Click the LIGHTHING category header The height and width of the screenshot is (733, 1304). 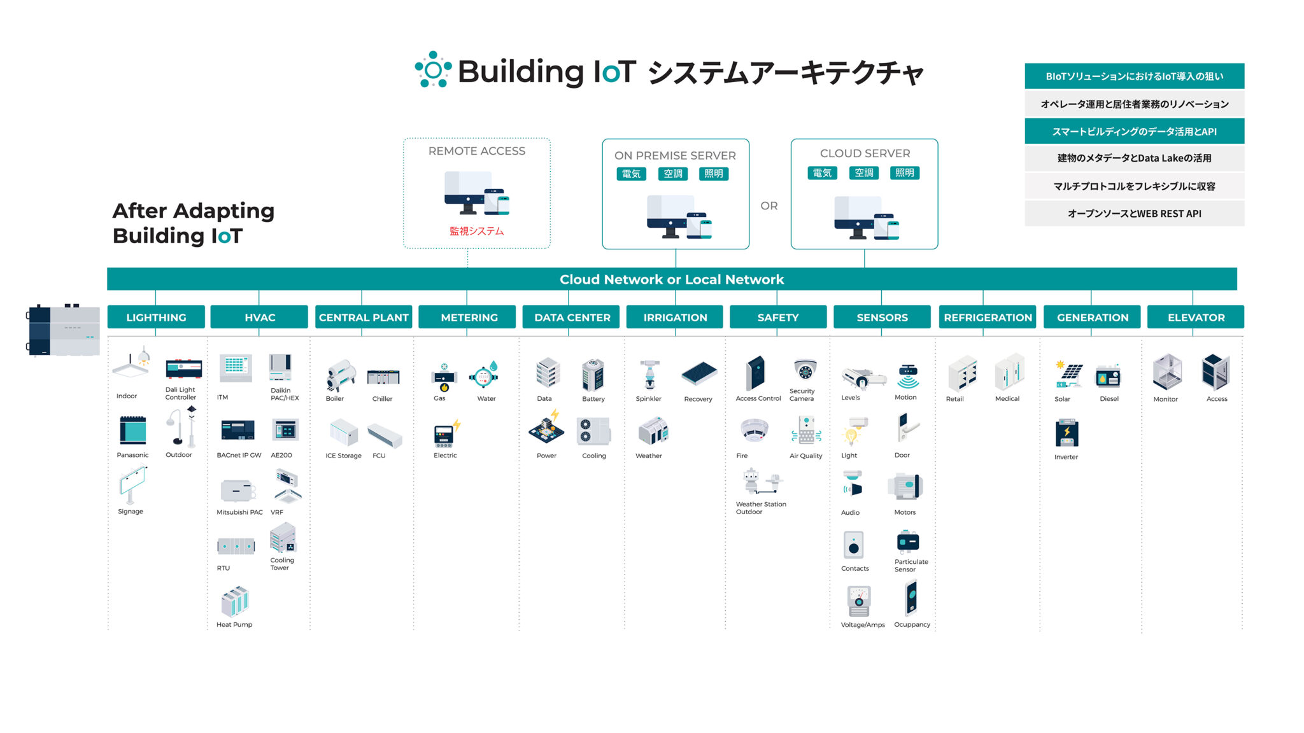[156, 317]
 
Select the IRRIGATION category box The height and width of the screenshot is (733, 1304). [675, 317]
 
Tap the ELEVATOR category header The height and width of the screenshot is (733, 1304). [1195, 317]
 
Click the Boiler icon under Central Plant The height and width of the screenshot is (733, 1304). [340, 375]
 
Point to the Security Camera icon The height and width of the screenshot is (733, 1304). [805, 370]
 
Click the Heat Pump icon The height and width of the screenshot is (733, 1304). [235, 602]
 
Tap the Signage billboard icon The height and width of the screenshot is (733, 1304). [132, 485]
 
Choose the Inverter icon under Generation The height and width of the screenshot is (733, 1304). [1067, 433]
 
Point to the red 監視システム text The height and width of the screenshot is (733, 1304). [476, 231]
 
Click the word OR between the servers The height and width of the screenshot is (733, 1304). [769, 206]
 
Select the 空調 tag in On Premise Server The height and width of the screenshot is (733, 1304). [673, 174]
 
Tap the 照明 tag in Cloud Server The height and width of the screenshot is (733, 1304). [904, 172]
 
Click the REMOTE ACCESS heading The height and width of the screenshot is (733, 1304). [476, 151]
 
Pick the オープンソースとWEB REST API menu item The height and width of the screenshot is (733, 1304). [1134, 214]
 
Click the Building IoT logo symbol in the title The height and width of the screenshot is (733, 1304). [433, 69]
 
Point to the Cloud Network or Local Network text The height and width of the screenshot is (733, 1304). [671, 279]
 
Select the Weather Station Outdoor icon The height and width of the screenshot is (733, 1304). [762, 482]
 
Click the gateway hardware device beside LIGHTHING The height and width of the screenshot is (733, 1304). [64, 331]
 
